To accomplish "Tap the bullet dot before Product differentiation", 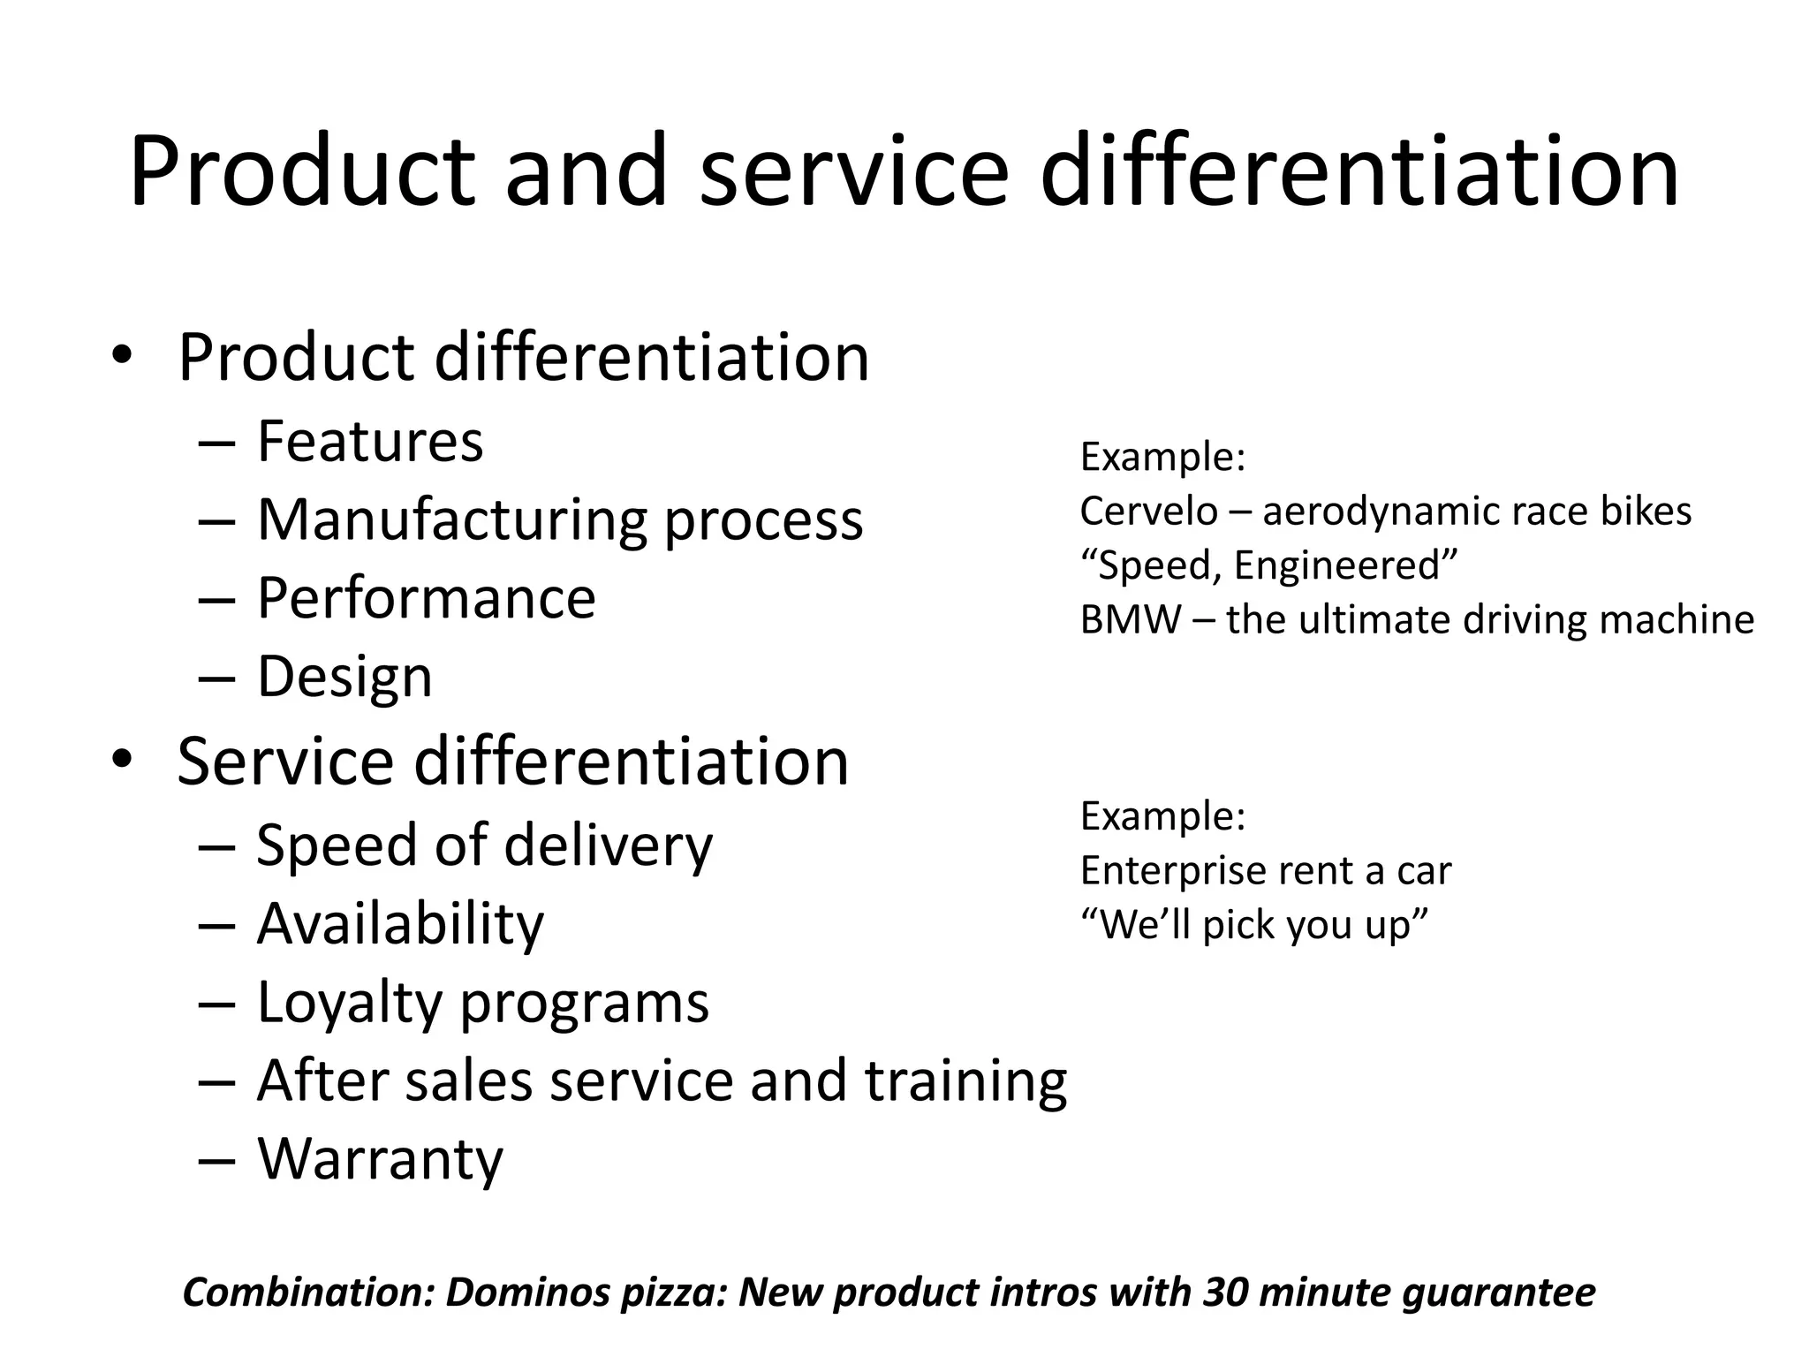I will click(x=122, y=355).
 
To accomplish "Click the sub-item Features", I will click(x=370, y=441).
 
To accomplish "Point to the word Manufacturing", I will click(x=452, y=519).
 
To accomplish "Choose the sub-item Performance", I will click(x=427, y=598).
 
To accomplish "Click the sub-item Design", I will click(x=344, y=677).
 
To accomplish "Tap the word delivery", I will click(x=608, y=845).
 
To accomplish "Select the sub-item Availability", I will click(x=400, y=924).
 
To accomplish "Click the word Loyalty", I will click(x=350, y=1003).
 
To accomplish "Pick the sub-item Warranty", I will click(x=380, y=1159).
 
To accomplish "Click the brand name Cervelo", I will click(x=1148, y=512).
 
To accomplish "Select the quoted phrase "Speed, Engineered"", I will click(x=1268, y=565).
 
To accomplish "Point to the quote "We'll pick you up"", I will click(x=1254, y=925).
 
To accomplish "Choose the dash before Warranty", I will click(x=217, y=1159).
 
